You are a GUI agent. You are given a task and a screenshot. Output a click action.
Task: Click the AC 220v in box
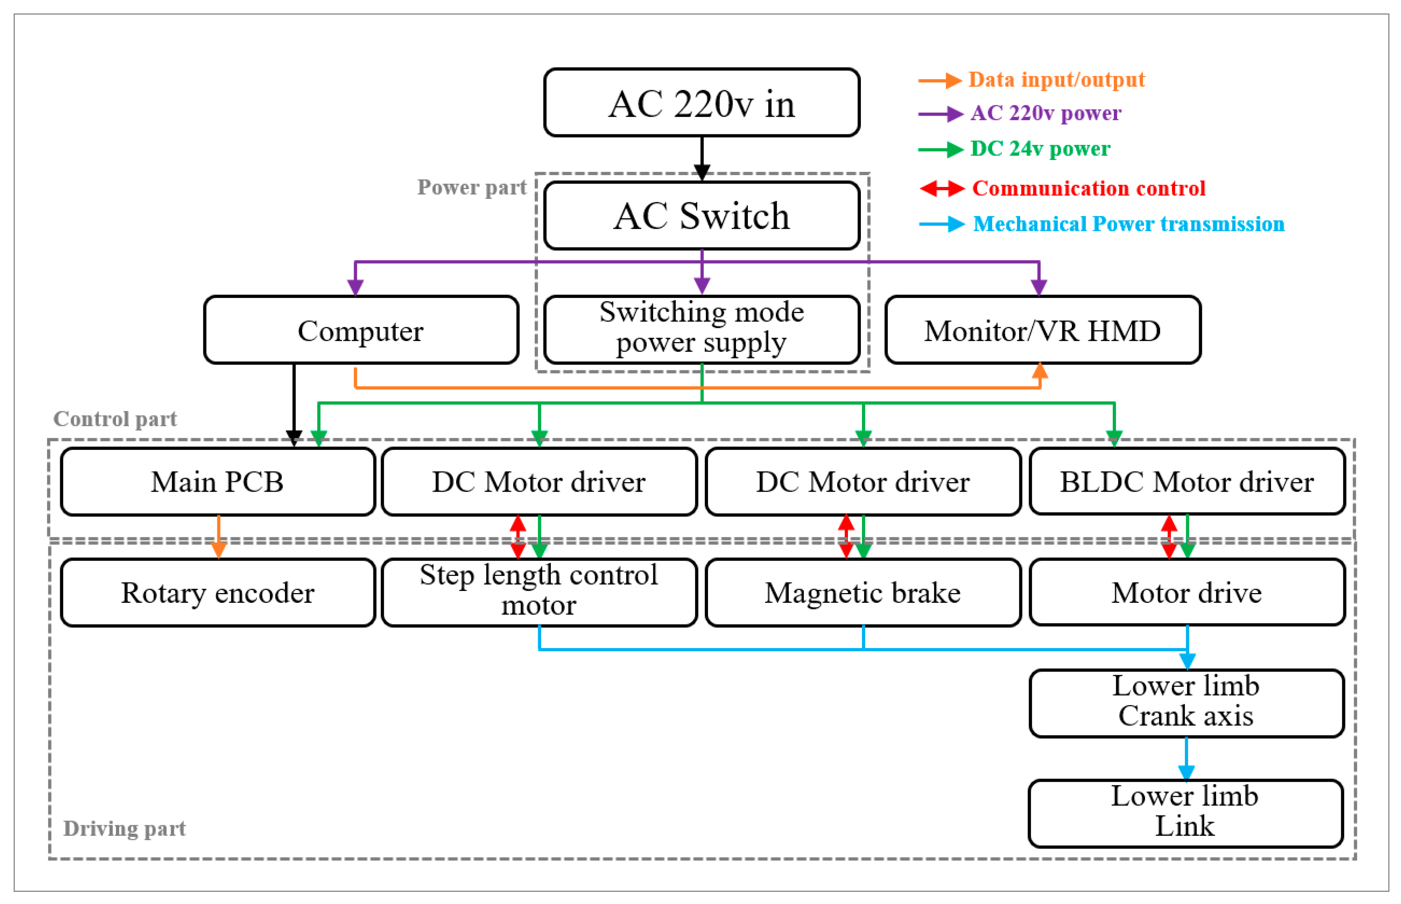[701, 103]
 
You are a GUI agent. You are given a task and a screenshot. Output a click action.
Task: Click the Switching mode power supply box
[701, 329]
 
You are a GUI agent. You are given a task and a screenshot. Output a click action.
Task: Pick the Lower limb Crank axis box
[1186, 702]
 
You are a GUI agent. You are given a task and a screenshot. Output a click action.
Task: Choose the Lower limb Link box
[1185, 812]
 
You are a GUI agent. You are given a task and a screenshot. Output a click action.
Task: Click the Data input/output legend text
[1056, 79]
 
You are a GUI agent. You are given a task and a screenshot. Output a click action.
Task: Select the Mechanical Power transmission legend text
[1128, 223]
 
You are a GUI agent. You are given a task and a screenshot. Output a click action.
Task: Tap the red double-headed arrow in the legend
[942, 188]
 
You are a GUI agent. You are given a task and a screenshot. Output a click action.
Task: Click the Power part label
[472, 187]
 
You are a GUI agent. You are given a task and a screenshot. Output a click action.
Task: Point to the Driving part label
[124, 828]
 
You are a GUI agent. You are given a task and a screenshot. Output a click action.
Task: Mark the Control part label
[115, 419]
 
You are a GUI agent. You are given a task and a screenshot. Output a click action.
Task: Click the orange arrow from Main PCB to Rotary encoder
[219, 535]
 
